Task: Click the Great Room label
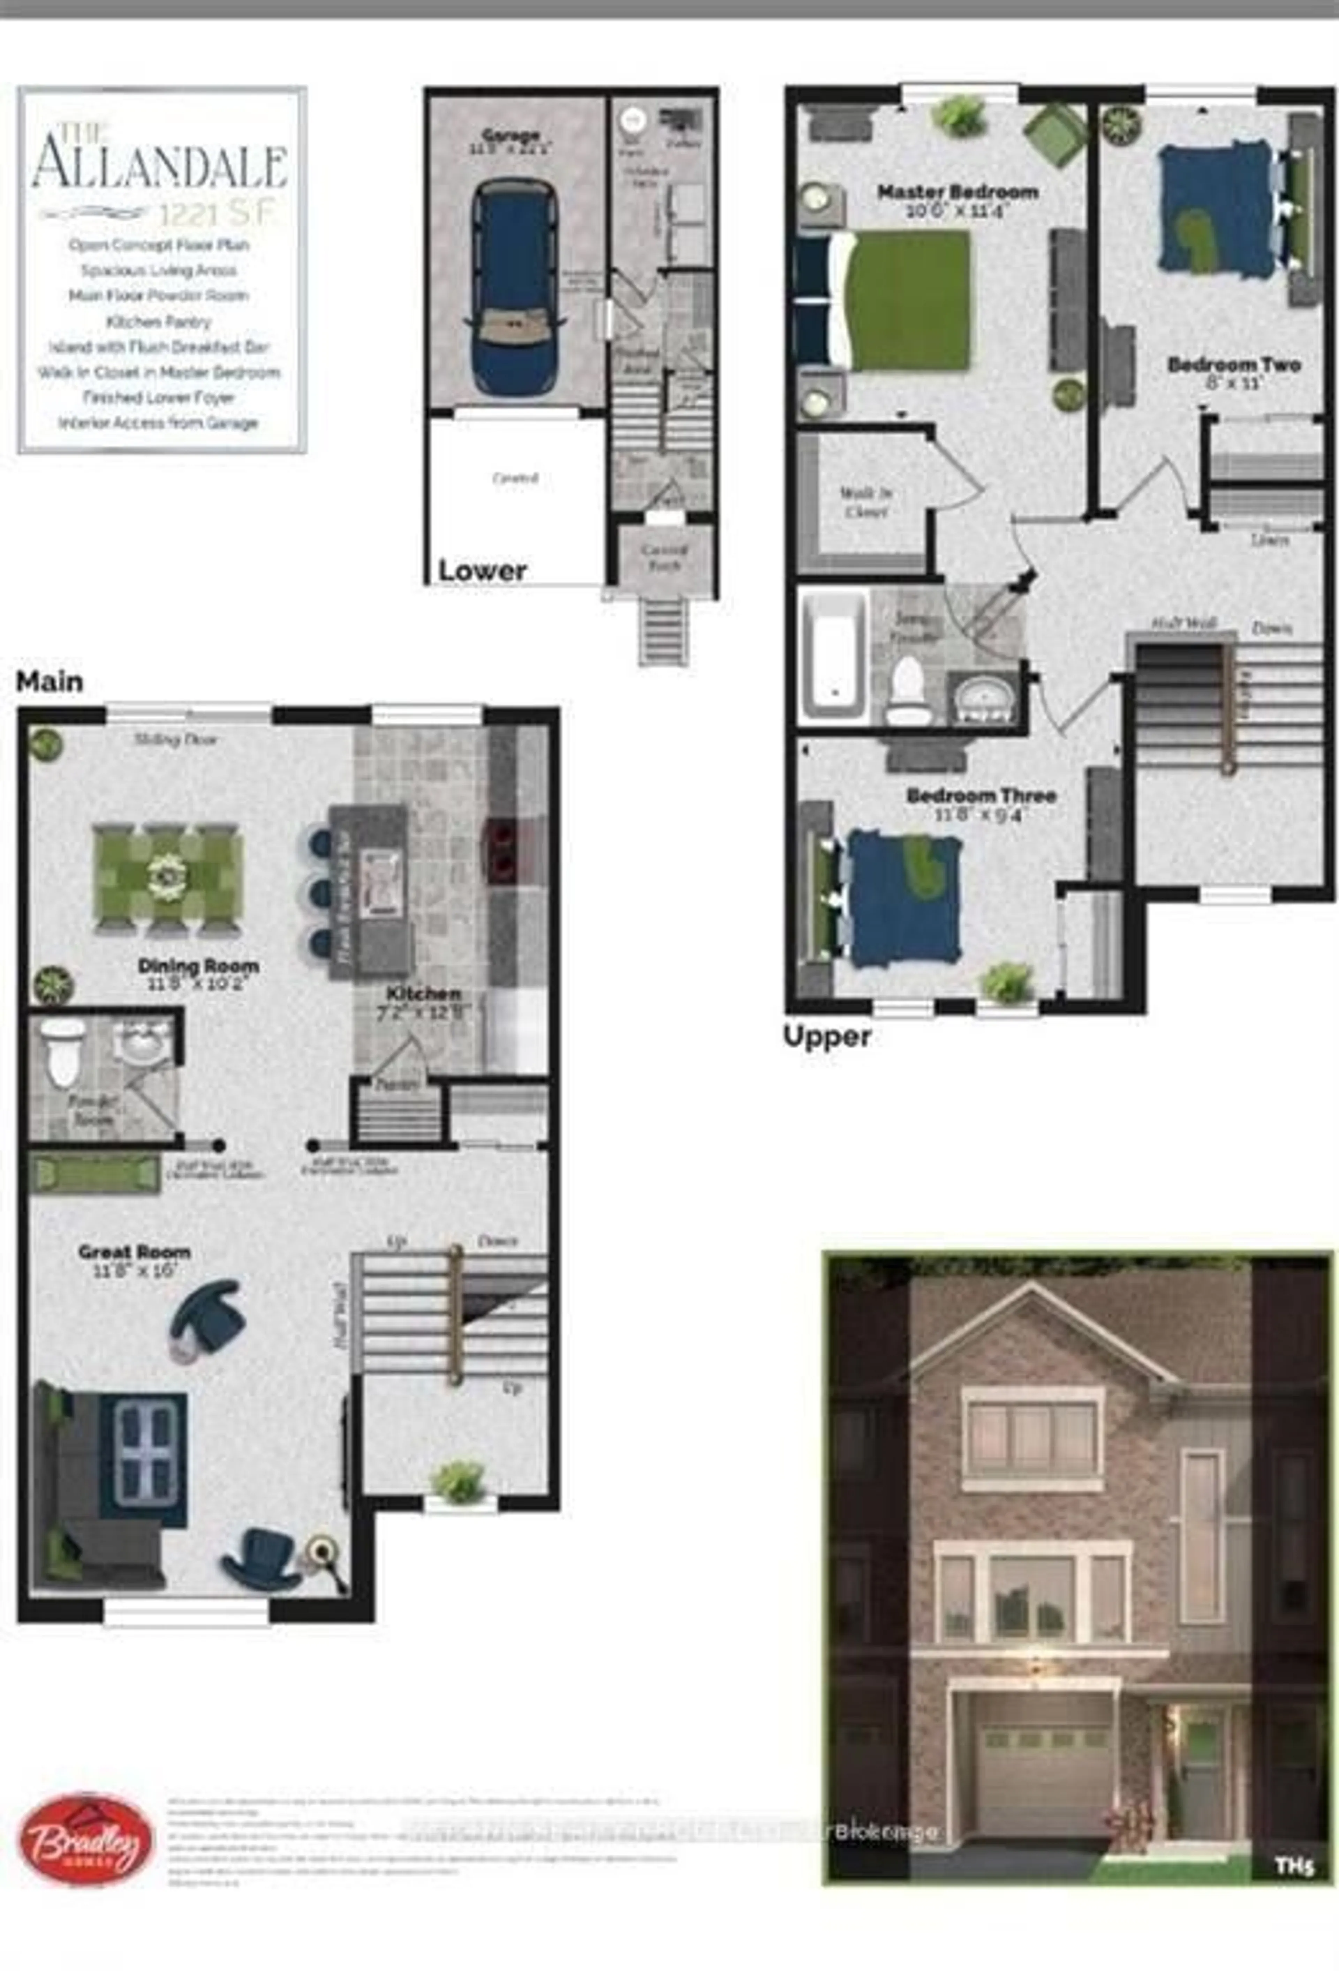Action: click(x=134, y=1252)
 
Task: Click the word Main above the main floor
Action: click(x=49, y=681)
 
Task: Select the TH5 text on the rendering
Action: click(x=1294, y=1867)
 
